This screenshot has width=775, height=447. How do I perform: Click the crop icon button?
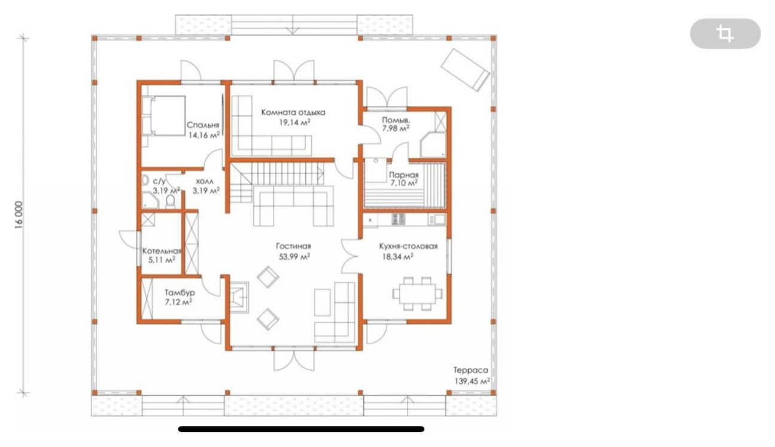coord(725,33)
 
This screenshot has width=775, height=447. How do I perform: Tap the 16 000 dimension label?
coord(19,215)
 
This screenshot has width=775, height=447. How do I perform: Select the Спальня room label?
coord(203,125)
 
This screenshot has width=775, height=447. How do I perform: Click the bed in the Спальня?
coord(163,116)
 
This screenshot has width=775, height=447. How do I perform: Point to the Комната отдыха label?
coord(293,112)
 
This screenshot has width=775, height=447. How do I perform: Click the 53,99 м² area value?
coord(294,256)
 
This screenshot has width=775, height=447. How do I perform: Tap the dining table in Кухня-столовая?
coord(418,293)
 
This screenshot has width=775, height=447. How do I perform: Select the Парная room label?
coord(404,174)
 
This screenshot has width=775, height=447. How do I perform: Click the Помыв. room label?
coord(396,120)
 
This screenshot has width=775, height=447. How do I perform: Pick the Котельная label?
coord(162,251)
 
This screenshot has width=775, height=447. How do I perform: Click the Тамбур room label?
coord(180,293)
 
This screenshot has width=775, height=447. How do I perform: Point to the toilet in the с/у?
coord(171,202)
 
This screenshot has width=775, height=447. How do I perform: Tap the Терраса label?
coord(471,371)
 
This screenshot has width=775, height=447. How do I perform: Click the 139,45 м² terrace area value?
coord(472,381)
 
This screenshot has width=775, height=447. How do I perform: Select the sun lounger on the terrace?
coord(465,70)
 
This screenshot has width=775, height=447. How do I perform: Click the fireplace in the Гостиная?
coord(239,297)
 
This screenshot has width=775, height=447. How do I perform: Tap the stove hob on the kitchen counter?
coord(398,219)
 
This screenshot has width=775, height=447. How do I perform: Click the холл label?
coord(205,181)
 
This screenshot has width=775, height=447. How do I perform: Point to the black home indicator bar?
coord(301,429)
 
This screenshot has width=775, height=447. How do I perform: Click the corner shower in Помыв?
coord(433,145)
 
